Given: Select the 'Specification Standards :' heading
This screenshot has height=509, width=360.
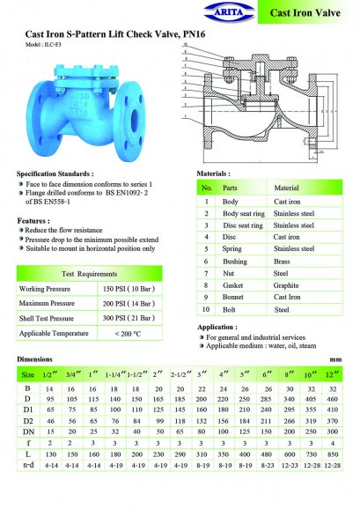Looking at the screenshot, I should click(55, 174).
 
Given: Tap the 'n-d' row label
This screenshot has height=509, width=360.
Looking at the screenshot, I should click(29, 487).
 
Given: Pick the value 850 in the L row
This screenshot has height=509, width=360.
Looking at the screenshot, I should click(334, 476).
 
